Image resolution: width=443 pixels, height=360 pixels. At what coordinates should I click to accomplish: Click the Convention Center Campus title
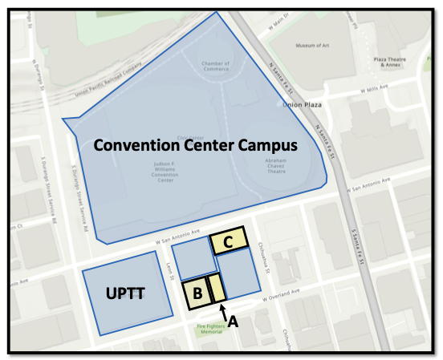(x=196, y=146)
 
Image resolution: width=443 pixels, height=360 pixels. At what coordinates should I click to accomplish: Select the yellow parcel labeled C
(x=229, y=241)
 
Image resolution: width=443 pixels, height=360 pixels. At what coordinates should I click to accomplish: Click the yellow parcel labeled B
(x=195, y=294)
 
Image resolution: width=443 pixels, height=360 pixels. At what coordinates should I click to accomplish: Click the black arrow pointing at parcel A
(x=223, y=310)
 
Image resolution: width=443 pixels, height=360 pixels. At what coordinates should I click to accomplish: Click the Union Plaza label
(x=304, y=103)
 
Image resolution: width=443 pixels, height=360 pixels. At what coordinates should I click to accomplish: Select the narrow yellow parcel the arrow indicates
(x=216, y=289)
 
